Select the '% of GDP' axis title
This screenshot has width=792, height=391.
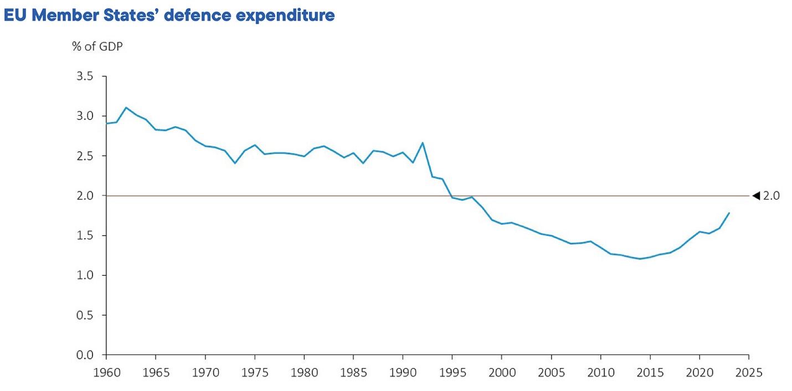(x=97, y=46)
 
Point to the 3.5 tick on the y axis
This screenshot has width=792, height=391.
(x=89, y=76)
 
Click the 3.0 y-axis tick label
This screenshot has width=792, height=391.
(x=89, y=116)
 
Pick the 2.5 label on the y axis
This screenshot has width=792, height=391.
(x=89, y=156)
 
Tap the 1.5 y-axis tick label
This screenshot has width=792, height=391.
(x=89, y=235)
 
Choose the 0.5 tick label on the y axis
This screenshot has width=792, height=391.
(x=89, y=315)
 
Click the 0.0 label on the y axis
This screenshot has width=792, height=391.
(x=89, y=355)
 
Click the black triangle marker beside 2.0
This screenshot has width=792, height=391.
(x=755, y=195)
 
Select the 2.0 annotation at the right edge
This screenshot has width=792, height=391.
(x=771, y=195)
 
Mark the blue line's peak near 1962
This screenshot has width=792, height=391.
(x=126, y=107)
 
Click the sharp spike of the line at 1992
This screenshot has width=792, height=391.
(x=423, y=143)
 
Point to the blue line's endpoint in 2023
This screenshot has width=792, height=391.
(x=729, y=213)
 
